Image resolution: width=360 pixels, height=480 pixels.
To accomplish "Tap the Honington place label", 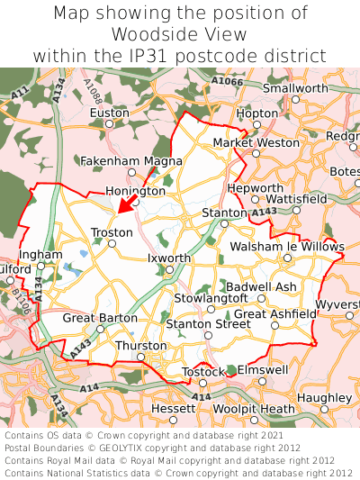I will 136,191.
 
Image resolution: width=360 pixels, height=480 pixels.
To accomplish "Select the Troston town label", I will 112,232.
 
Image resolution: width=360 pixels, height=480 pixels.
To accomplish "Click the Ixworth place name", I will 169,258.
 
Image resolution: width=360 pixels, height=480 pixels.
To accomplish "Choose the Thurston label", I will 141,346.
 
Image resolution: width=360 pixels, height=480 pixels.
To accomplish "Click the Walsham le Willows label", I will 287,246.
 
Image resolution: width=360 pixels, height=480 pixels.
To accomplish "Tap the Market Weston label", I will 256,142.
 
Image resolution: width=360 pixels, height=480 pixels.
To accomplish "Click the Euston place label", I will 109,113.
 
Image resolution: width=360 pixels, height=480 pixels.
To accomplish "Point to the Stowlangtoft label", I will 210,297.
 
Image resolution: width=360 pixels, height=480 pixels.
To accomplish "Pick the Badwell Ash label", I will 261,286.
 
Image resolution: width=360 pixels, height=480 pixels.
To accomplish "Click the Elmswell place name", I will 262,369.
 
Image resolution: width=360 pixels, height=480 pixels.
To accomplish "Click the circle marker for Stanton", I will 224,223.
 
